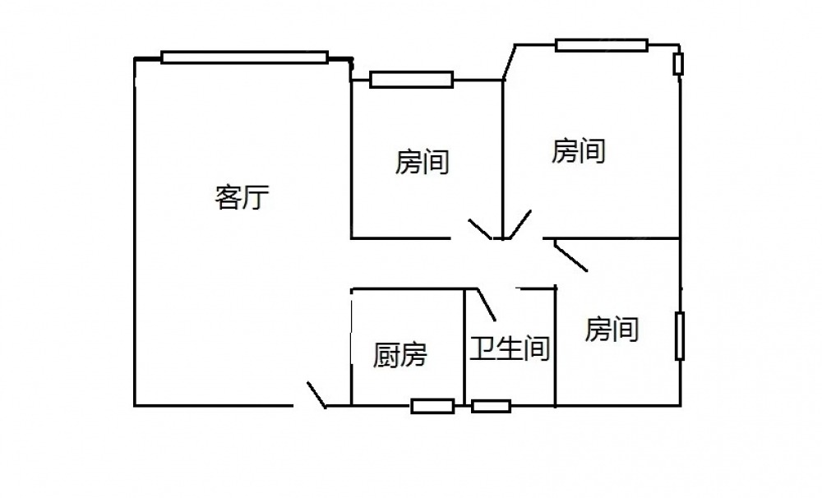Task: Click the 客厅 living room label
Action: (x=242, y=198)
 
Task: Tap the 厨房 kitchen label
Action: (x=400, y=355)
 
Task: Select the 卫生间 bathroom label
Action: (x=510, y=349)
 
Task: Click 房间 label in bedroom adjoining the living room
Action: (x=423, y=162)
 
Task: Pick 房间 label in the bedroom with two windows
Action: (x=579, y=151)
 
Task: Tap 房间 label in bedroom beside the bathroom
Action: (x=612, y=330)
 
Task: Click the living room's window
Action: (x=244, y=58)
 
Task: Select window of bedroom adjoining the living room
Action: (x=411, y=80)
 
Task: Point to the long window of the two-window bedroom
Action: (x=601, y=45)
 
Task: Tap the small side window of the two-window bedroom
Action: (x=678, y=64)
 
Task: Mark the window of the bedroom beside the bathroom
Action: (x=680, y=335)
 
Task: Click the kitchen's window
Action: (x=432, y=405)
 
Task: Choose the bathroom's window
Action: (x=491, y=405)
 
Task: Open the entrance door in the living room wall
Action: (x=316, y=394)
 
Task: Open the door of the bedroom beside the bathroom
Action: (x=570, y=256)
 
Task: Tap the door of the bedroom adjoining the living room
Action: (x=480, y=229)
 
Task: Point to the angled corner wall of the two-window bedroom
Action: (x=509, y=62)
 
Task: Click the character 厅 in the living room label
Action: (x=256, y=198)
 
